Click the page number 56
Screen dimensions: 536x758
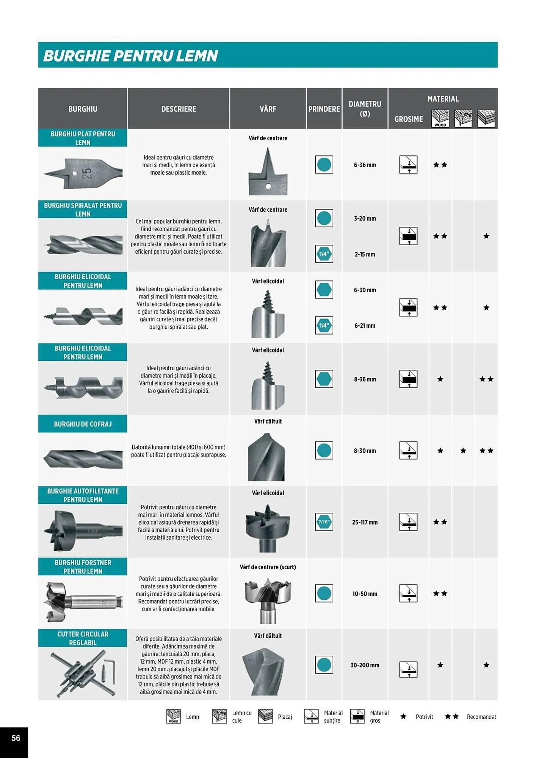pos(16,738)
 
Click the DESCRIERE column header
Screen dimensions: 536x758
pos(179,109)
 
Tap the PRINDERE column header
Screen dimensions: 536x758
pos(324,109)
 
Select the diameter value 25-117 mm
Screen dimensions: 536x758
pos(365,522)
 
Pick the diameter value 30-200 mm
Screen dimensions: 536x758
pos(365,665)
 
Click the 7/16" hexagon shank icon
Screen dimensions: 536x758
pos(324,522)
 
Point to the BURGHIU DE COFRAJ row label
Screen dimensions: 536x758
pos(83,424)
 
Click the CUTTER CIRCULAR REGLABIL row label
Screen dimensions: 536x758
pos(83,638)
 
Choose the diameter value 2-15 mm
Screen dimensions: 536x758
pos(365,254)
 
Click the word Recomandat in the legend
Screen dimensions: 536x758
pos(481,717)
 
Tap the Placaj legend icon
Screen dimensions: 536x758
pos(265,716)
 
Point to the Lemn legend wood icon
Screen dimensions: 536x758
pos(174,716)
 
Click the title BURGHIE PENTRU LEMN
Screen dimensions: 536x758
pos(130,56)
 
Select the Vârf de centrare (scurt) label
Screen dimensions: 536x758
pos(268,567)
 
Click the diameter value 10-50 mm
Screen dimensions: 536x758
pos(365,594)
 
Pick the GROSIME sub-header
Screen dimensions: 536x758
pos(408,119)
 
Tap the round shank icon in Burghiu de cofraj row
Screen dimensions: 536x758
pos(324,451)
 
